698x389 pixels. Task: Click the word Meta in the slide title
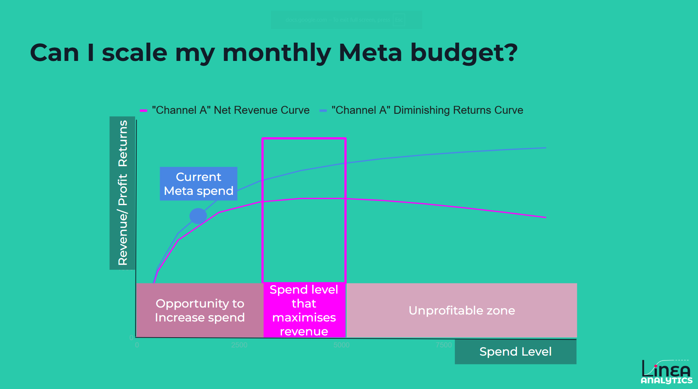(x=370, y=52)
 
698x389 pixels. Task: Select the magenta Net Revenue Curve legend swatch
(x=144, y=110)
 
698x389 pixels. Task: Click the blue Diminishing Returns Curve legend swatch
(x=323, y=110)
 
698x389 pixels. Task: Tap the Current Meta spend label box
(x=198, y=183)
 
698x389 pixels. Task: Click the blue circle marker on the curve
(x=198, y=216)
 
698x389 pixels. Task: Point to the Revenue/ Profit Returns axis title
(x=123, y=193)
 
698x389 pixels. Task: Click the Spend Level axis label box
(x=515, y=352)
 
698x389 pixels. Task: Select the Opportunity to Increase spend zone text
(x=200, y=310)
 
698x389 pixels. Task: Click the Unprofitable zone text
(x=462, y=310)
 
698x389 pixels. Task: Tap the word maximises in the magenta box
(x=304, y=317)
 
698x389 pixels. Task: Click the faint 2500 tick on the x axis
(x=239, y=345)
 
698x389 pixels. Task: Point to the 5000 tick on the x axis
(x=341, y=345)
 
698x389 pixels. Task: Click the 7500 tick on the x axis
(x=444, y=345)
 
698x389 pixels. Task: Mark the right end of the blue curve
(x=546, y=148)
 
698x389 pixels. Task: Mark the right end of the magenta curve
(x=546, y=217)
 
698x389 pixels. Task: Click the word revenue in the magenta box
(x=304, y=331)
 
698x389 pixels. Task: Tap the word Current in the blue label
(x=198, y=177)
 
